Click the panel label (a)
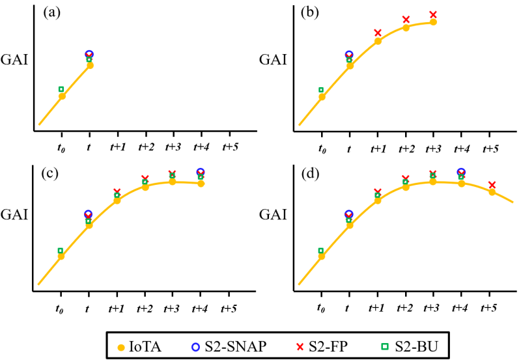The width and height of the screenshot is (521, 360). (52, 12)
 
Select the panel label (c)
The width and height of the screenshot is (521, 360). (52, 173)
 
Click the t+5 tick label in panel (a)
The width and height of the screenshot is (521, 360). (230, 148)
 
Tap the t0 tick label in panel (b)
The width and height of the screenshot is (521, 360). (322, 149)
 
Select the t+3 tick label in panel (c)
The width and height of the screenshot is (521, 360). (173, 309)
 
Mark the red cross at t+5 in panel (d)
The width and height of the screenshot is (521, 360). (492, 185)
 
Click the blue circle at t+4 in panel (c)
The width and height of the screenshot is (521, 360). (201, 172)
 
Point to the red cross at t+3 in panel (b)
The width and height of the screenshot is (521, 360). (433, 14)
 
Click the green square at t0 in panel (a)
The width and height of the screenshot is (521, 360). (61, 89)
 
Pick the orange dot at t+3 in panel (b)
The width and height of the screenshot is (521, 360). (433, 22)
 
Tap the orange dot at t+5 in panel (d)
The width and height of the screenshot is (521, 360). (492, 192)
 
